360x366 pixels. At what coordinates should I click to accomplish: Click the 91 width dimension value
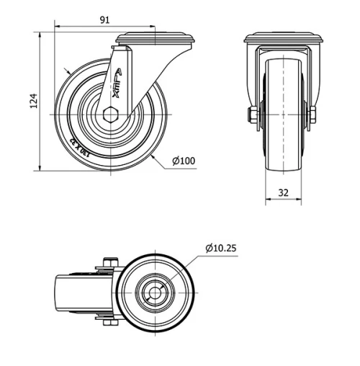[105, 19]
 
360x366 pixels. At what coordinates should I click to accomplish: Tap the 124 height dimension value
[32, 102]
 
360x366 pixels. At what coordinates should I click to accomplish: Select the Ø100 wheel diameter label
[184, 161]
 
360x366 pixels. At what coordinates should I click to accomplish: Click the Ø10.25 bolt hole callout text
[221, 248]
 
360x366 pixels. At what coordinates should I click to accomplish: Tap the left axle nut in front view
[253, 115]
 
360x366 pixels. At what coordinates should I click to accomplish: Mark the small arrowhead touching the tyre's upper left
[66, 72]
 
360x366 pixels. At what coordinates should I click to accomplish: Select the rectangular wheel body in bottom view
[72, 293]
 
